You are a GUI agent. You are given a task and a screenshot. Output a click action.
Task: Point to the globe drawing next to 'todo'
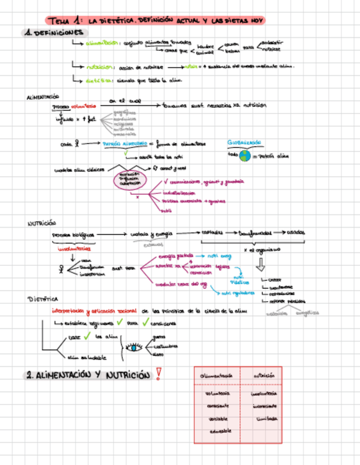click(x=244, y=156)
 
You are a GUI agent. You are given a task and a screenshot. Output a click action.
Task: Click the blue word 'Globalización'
click(x=245, y=143)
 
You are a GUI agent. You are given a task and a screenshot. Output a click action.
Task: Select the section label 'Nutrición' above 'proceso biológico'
click(x=42, y=223)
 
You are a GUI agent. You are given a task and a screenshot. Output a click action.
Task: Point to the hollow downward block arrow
click(x=261, y=265)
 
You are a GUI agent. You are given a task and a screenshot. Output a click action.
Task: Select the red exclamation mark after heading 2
click(x=159, y=375)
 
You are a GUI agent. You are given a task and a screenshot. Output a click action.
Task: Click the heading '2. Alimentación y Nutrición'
click(x=88, y=376)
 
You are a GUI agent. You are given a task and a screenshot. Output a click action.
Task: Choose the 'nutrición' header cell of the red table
click(x=264, y=376)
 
